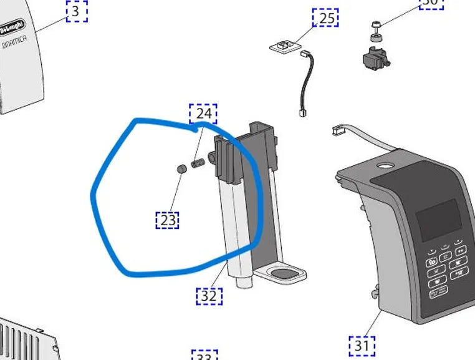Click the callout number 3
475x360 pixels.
(76, 11)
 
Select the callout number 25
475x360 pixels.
(326, 18)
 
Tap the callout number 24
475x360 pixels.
(203, 114)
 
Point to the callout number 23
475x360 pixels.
(168, 220)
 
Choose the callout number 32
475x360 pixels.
(209, 295)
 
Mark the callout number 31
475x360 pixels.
(362, 344)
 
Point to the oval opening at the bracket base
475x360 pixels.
(284, 272)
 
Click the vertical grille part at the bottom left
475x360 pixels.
(28, 341)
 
